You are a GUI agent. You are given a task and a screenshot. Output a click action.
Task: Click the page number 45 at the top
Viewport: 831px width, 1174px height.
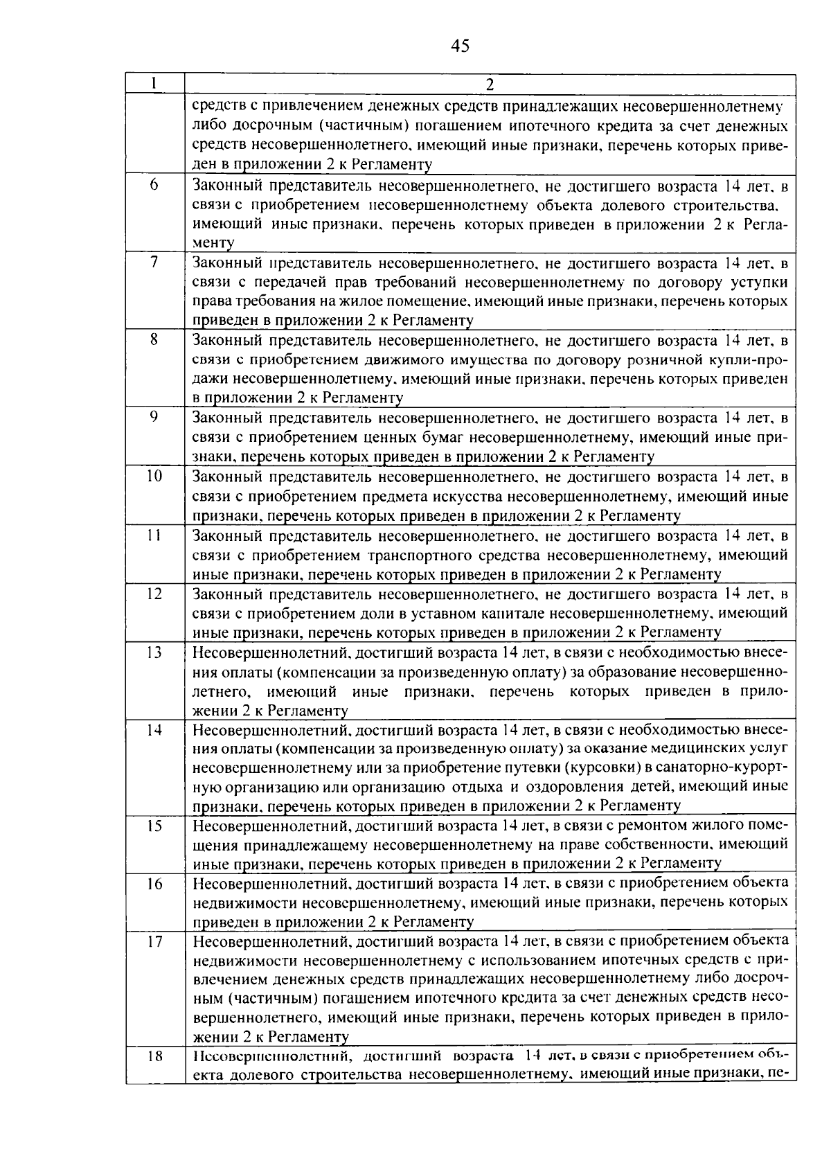click(x=460, y=46)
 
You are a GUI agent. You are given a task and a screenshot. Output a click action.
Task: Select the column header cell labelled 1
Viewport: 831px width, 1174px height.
click(x=154, y=83)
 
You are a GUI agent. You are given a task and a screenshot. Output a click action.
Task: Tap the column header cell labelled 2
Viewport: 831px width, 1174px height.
click(x=490, y=85)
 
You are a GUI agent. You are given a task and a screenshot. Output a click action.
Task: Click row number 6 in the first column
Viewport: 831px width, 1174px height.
click(x=154, y=186)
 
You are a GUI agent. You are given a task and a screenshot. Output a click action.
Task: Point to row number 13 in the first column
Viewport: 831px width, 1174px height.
click(x=154, y=652)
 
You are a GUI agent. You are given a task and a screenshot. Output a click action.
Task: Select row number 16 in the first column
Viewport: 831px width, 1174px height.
click(x=154, y=884)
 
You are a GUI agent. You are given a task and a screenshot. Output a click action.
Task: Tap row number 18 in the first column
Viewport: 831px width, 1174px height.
click(x=154, y=1057)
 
